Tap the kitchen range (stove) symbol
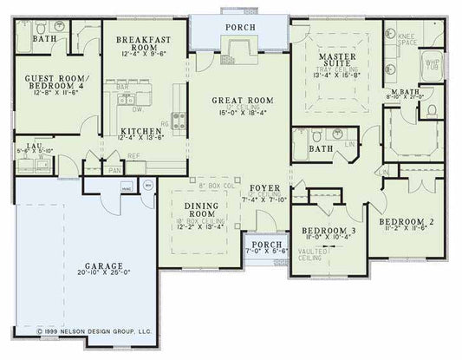coord(179,120)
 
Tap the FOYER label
coord(264,188)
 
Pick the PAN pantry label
coord(114,169)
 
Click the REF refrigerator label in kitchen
coord(133,156)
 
